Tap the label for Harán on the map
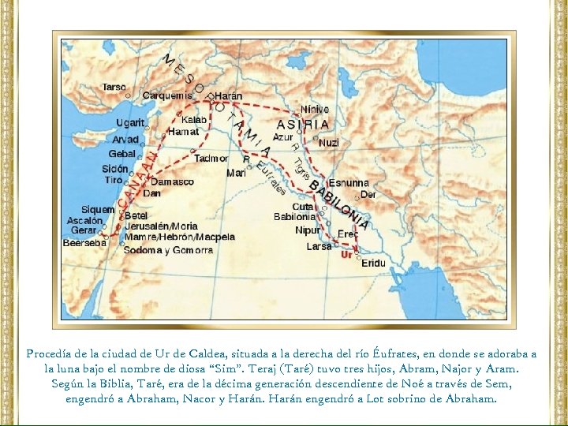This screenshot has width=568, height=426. click(x=228, y=95)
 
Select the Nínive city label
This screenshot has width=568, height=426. click(x=315, y=110)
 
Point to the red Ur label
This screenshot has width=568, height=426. click(x=346, y=254)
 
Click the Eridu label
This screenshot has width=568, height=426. click(x=373, y=263)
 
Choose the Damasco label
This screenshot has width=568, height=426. click(x=172, y=181)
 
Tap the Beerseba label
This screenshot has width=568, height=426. click(x=84, y=243)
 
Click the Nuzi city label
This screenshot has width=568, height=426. click(x=329, y=143)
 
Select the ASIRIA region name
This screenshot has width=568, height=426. click(x=303, y=125)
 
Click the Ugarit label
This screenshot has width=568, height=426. click(x=130, y=123)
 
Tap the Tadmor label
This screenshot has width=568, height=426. click(x=211, y=158)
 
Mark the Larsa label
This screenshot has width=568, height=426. click(x=319, y=246)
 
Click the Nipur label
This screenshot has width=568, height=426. click(x=308, y=230)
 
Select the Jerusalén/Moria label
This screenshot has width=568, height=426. click(x=161, y=226)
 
